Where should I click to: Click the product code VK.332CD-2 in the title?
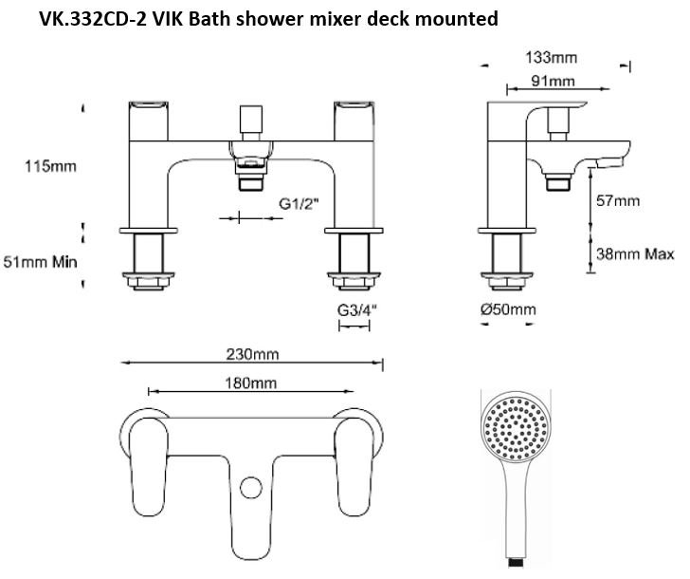[x=103, y=19]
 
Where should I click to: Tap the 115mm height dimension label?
[x=51, y=167]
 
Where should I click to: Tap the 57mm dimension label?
[x=619, y=201]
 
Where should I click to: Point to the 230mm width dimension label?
[x=251, y=354]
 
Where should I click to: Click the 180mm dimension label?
[x=251, y=383]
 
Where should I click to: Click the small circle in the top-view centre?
[x=251, y=488]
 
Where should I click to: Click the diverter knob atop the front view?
[x=252, y=124]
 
